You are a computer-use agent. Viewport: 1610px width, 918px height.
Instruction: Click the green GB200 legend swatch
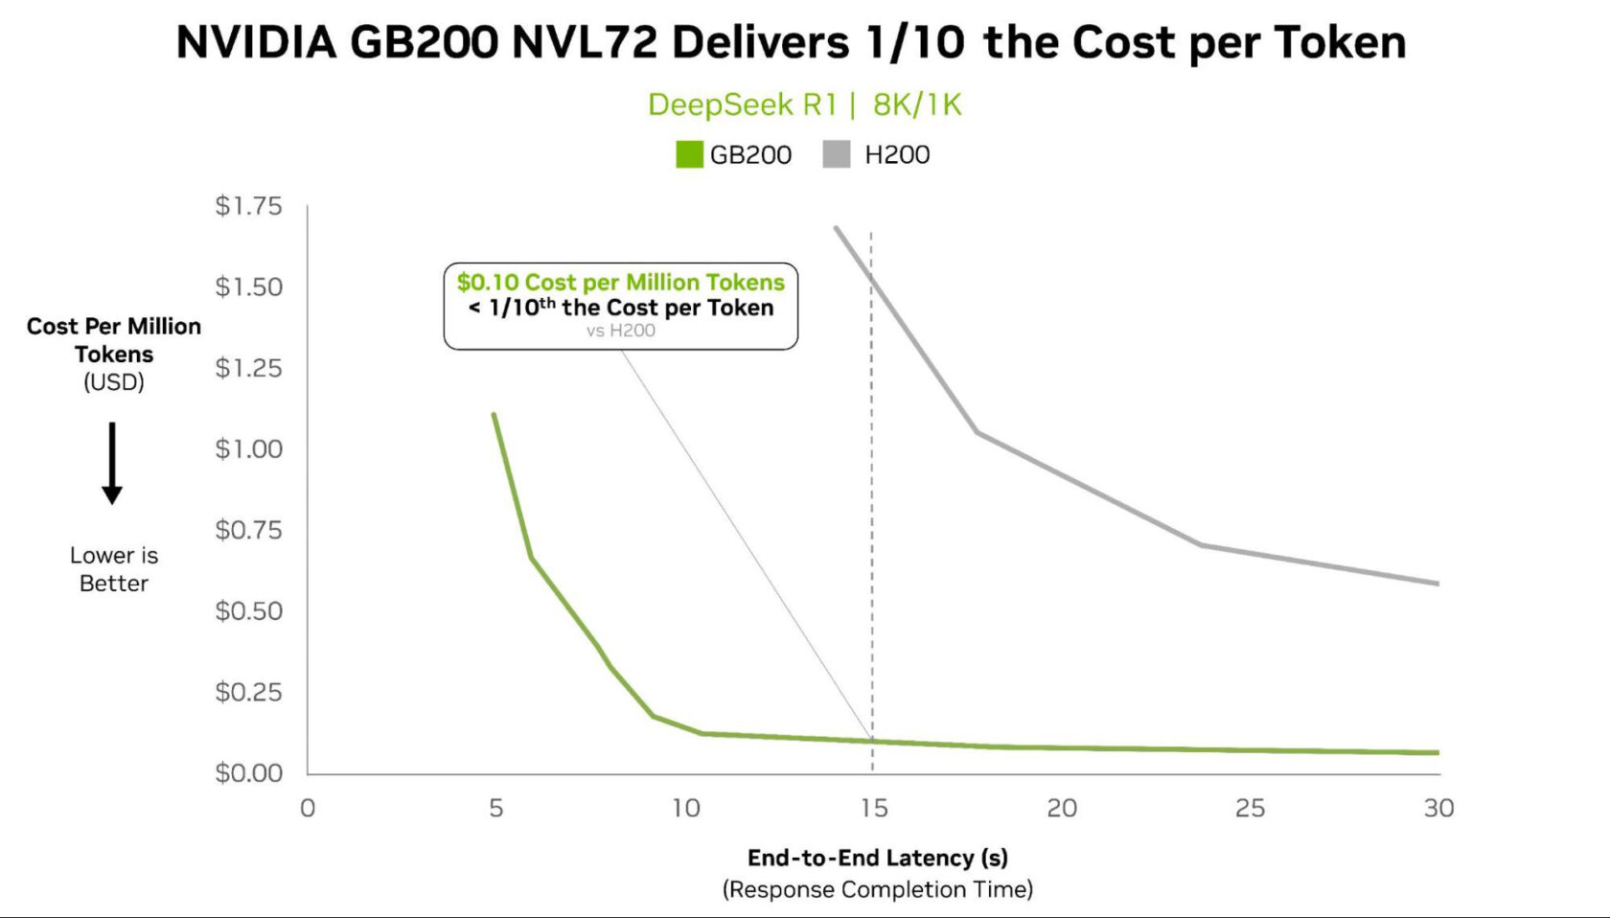[x=689, y=154]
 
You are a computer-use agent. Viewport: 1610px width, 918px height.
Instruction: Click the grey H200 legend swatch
[x=837, y=154]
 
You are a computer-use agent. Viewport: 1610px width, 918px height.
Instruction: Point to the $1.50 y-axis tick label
[x=248, y=287]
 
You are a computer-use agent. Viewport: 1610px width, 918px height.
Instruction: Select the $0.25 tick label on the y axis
[x=248, y=691]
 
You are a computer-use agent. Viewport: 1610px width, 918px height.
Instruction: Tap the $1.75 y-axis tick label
[x=248, y=206]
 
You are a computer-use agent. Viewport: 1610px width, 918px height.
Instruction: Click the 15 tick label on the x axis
[x=873, y=808]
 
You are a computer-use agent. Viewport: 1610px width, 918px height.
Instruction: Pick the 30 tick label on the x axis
[x=1438, y=808]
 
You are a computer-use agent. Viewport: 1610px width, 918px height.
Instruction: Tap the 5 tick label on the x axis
[x=495, y=808]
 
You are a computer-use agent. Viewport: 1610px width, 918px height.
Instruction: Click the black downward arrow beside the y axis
[x=112, y=463]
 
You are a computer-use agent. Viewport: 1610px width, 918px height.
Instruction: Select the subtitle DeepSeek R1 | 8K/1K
[x=804, y=104]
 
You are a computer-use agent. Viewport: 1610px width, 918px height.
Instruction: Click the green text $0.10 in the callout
[x=488, y=282]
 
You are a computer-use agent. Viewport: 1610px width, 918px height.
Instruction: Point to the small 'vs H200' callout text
[x=621, y=331]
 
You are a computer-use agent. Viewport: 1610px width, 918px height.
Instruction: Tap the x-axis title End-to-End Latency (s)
[x=877, y=858]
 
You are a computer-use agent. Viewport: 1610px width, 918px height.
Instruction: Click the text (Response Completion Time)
[x=877, y=889]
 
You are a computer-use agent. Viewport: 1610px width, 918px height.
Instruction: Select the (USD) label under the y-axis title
[x=114, y=382]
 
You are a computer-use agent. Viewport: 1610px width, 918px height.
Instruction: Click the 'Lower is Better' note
[x=114, y=569]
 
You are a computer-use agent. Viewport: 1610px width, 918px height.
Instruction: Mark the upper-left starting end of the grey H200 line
[x=836, y=228]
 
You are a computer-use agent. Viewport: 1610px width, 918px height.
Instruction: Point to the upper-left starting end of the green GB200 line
[x=494, y=414]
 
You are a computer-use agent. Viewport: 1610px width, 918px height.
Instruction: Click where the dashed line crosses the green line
[x=872, y=741]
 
